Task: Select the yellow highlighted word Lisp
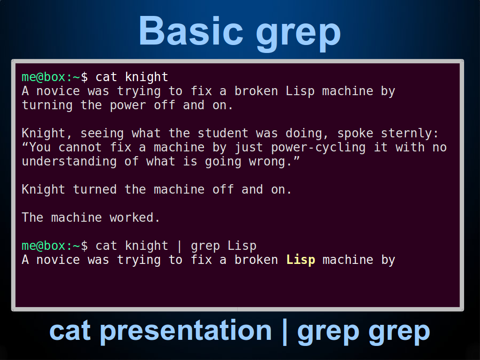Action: [300, 260]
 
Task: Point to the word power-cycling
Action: [318, 148]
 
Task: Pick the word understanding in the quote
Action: [69, 162]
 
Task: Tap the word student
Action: [223, 134]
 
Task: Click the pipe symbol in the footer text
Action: [285, 332]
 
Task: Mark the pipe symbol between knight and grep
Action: [180, 246]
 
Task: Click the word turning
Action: [47, 105]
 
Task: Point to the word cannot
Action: [80, 148]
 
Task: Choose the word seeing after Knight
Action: [102, 134]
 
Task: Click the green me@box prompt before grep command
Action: [44, 246]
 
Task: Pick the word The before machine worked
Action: [32, 217]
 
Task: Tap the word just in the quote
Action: [248, 148]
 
